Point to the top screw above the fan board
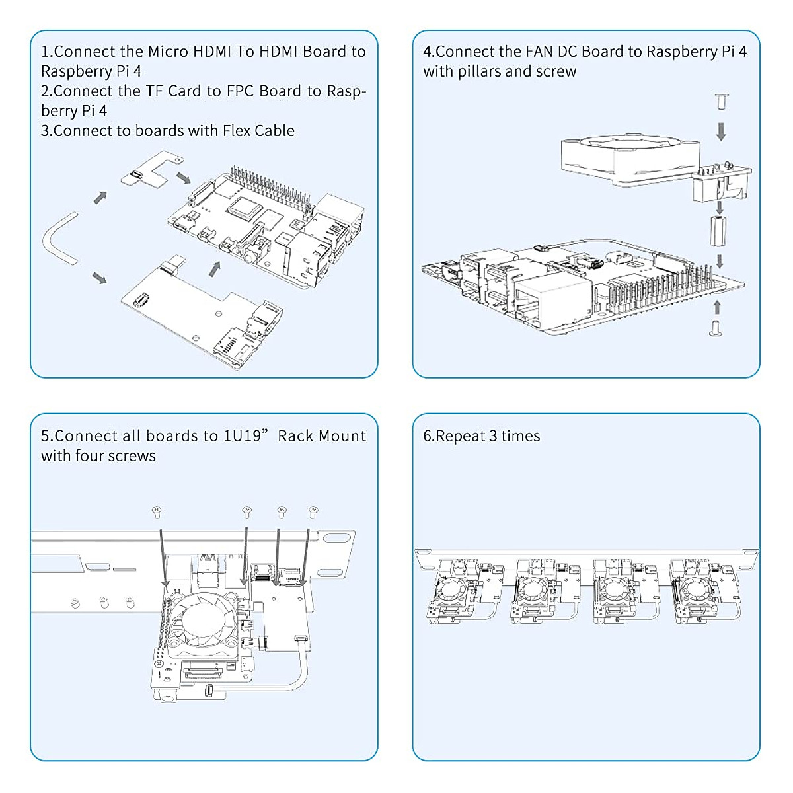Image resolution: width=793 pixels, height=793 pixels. [x=721, y=102]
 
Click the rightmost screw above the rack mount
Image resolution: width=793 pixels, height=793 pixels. [x=313, y=510]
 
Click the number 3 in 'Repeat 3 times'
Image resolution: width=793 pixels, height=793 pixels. [x=493, y=436]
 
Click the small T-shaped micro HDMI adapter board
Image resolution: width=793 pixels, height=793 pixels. [x=151, y=170]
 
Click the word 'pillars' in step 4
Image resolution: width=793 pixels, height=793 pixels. [x=482, y=71]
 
